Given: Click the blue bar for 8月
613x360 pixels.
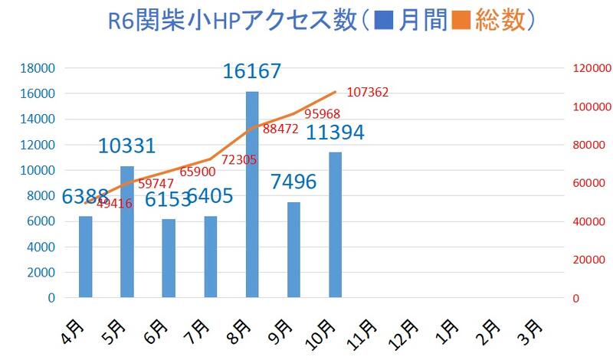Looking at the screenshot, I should click(x=252, y=195).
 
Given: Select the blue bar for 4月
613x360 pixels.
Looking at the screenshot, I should click(x=85, y=257).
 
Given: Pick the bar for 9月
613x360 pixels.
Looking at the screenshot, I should click(x=293, y=250).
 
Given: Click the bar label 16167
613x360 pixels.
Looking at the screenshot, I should click(x=252, y=71).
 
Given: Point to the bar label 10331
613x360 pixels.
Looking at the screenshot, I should click(x=127, y=146).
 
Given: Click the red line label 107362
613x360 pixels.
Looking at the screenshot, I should click(x=368, y=92).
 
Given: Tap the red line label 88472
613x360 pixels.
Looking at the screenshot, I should click(x=281, y=129).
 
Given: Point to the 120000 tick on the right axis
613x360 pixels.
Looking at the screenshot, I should click(x=592, y=68).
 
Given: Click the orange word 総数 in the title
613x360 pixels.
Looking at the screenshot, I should click(x=498, y=21).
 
